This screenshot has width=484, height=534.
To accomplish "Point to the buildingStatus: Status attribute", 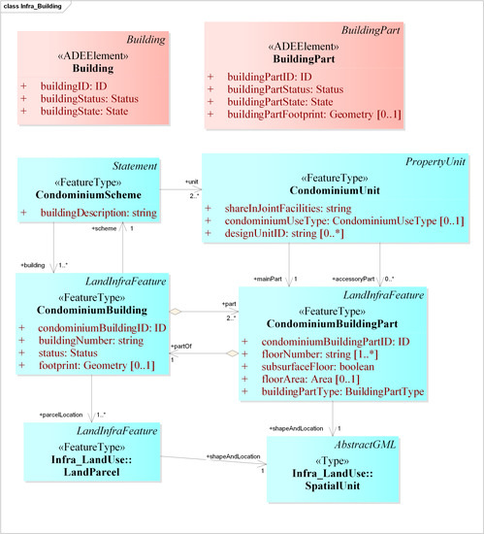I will coord(84,99).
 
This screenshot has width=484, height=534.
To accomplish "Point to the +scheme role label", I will coord(104,228).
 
